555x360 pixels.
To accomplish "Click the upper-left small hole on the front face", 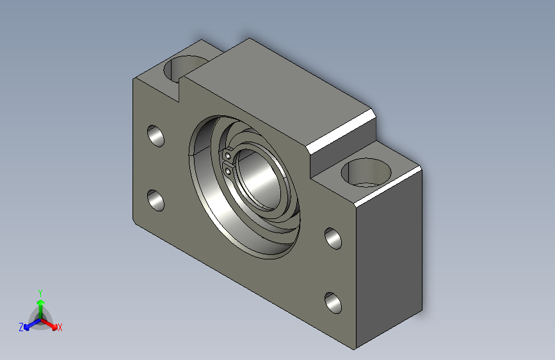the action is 156,136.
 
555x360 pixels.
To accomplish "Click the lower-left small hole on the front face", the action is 156,200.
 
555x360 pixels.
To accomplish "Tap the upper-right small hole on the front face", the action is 333,238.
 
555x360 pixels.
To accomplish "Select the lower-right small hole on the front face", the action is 333,303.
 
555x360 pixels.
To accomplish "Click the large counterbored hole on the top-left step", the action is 185,69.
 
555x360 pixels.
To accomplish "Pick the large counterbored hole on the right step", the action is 366,172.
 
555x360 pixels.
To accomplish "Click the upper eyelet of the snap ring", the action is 229,156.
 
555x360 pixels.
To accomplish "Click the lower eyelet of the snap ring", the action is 229,172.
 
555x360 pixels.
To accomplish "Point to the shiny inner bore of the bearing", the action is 259,179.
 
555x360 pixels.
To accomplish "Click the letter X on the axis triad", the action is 60,327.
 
